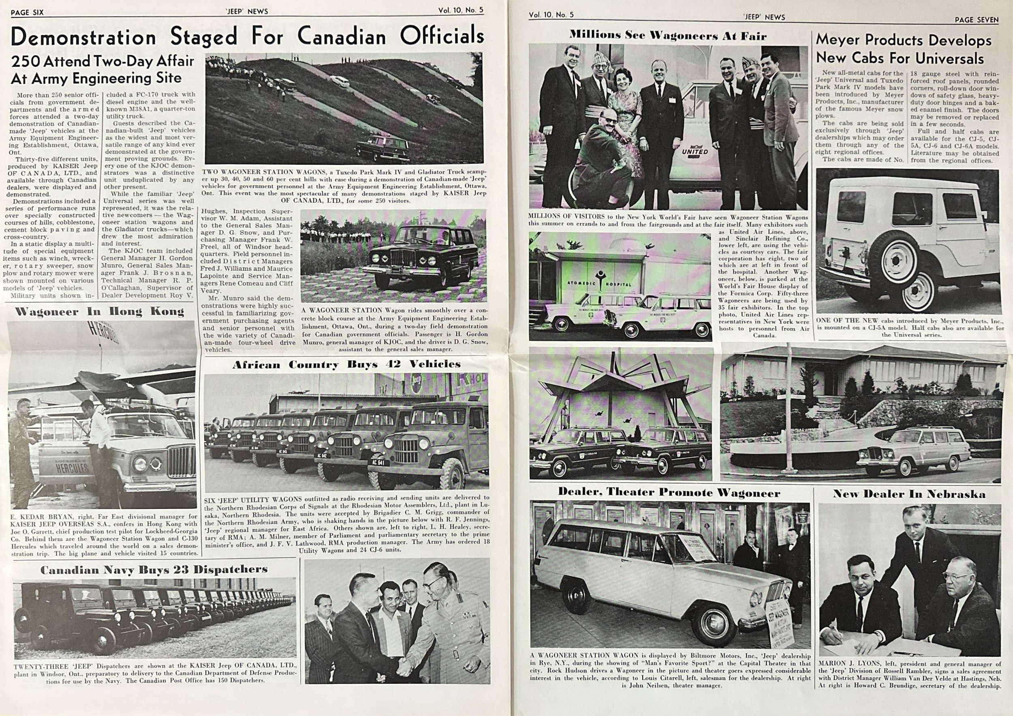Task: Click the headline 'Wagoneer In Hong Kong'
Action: tap(99, 312)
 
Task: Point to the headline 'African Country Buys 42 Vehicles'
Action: tap(346, 364)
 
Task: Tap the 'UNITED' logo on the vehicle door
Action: tap(695, 151)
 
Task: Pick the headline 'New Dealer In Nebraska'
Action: tap(908, 494)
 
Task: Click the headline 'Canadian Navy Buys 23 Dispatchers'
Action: tap(154, 570)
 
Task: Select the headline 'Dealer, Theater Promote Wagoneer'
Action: tap(669, 493)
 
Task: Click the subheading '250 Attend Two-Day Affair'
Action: tap(103, 61)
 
